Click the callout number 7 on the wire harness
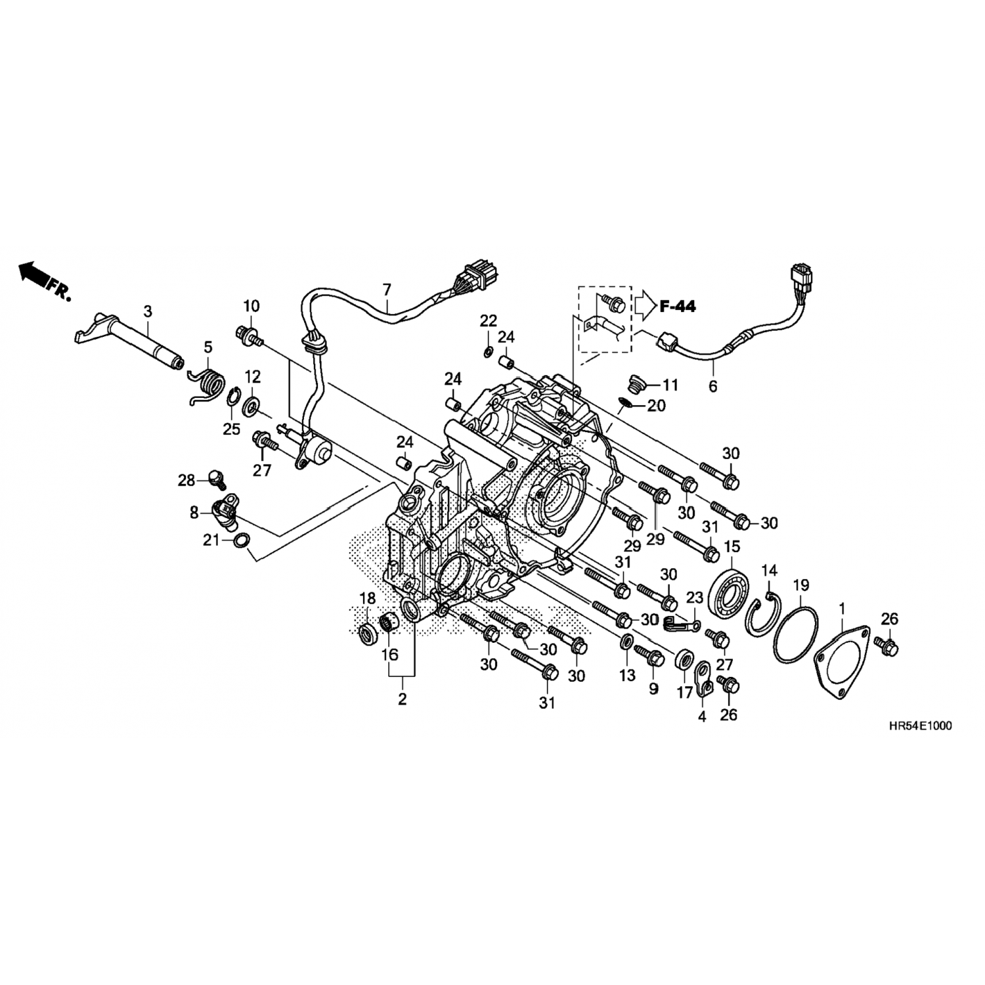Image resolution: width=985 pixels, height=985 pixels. (x=386, y=289)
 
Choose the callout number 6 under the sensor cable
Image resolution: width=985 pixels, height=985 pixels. (x=712, y=386)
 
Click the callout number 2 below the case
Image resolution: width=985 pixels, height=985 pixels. (x=402, y=699)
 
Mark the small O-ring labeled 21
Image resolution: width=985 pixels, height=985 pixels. (x=241, y=540)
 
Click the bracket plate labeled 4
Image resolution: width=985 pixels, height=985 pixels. (x=705, y=679)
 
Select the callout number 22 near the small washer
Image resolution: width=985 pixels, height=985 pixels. (x=489, y=321)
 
